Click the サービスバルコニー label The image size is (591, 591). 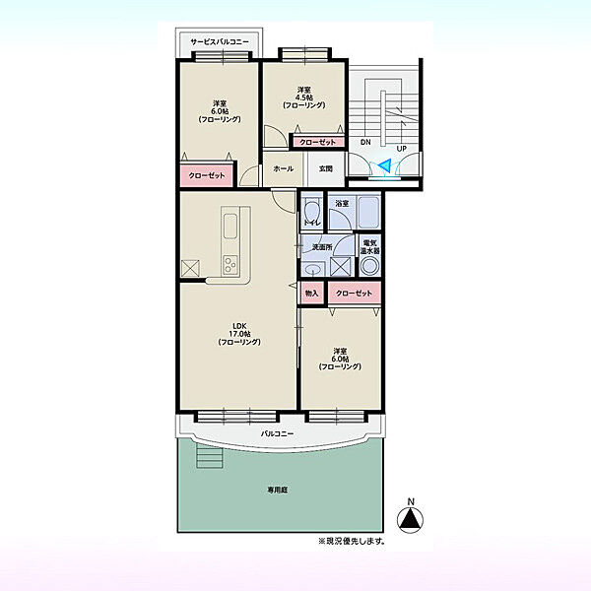[220, 41]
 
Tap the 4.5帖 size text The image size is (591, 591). [303, 98]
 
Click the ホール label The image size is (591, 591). [284, 168]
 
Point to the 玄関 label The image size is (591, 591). [326, 168]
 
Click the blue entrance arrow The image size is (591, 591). [385, 165]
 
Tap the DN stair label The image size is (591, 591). [365, 142]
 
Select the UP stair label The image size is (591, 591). [402, 149]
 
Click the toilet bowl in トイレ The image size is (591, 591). [311, 212]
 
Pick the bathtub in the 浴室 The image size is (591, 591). [368, 212]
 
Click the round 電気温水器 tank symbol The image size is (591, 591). [369, 266]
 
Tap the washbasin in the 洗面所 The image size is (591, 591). [313, 269]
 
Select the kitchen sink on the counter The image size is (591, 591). [230, 227]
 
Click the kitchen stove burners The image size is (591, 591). [230, 265]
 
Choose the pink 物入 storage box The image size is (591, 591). [311, 293]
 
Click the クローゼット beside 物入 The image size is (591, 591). [354, 293]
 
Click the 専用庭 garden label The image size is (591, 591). [278, 490]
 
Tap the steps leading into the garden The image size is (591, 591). [210, 455]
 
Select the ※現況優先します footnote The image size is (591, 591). [352, 541]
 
